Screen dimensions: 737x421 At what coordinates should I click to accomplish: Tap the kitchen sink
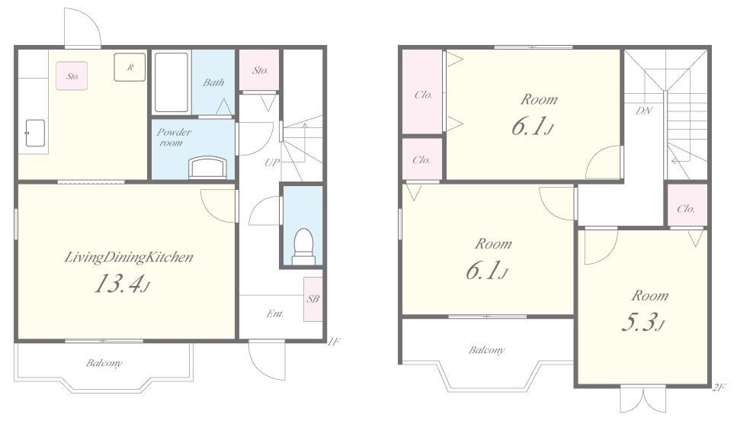click(x=35, y=133)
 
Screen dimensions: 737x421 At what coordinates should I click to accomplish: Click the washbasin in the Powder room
click(x=207, y=168)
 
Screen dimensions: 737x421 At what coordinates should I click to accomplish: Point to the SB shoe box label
click(x=313, y=299)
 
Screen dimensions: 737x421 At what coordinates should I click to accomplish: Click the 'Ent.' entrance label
click(x=275, y=313)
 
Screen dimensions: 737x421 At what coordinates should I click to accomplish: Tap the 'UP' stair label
click(x=271, y=162)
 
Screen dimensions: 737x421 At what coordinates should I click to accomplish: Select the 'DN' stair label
click(x=644, y=111)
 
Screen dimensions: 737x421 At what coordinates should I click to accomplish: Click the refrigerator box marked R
click(x=130, y=67)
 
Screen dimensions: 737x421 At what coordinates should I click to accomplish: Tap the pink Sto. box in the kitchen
click(x=72, y=76)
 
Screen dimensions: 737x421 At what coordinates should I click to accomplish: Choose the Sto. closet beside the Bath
click(x=260, y=70)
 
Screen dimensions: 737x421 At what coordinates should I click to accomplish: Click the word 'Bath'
click(x=213, y=82)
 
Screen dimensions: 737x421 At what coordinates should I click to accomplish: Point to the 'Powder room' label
click(x=174, y=137)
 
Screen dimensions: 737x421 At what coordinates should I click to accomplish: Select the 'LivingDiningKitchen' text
click(x=129, y=257)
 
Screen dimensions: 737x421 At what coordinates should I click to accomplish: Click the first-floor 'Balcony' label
click(x=104, y=363)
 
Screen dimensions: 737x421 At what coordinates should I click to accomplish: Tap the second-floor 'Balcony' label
click(x=486, y=350)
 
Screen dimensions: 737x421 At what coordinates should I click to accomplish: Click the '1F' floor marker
click(x=333, y=342)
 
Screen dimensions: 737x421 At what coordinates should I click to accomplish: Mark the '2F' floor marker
click(x=719, y=387)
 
